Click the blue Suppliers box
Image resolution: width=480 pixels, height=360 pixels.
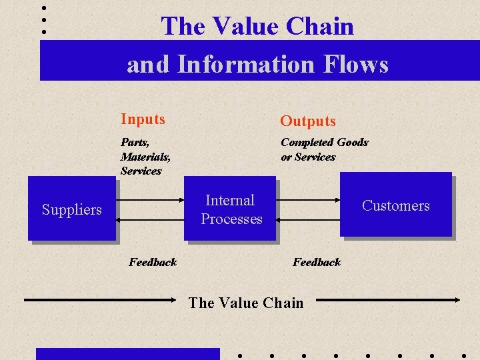point(71,208)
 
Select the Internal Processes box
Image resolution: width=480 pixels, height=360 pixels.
point(230,208)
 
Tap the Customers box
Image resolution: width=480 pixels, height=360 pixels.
point(395,205)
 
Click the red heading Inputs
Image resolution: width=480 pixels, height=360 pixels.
point(143,119)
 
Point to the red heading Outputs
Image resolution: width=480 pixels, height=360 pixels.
point(308,121)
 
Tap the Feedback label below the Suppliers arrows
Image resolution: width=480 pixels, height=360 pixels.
point(153,262)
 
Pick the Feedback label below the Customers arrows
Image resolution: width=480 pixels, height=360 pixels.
point(317,262)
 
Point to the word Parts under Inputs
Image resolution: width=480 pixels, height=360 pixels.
point(135,142)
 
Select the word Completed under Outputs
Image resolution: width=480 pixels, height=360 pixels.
point(307,142)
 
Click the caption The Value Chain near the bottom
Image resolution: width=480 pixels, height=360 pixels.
point(245,303)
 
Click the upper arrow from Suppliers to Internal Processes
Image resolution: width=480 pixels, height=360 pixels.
point(150,198)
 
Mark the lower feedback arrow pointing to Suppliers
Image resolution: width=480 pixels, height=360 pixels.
point(150,219)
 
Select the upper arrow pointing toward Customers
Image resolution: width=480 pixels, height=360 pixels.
point(308,198)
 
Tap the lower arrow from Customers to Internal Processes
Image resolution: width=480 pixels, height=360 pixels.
point(308,219)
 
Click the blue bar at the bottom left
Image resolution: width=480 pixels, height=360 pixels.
point(127,354)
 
